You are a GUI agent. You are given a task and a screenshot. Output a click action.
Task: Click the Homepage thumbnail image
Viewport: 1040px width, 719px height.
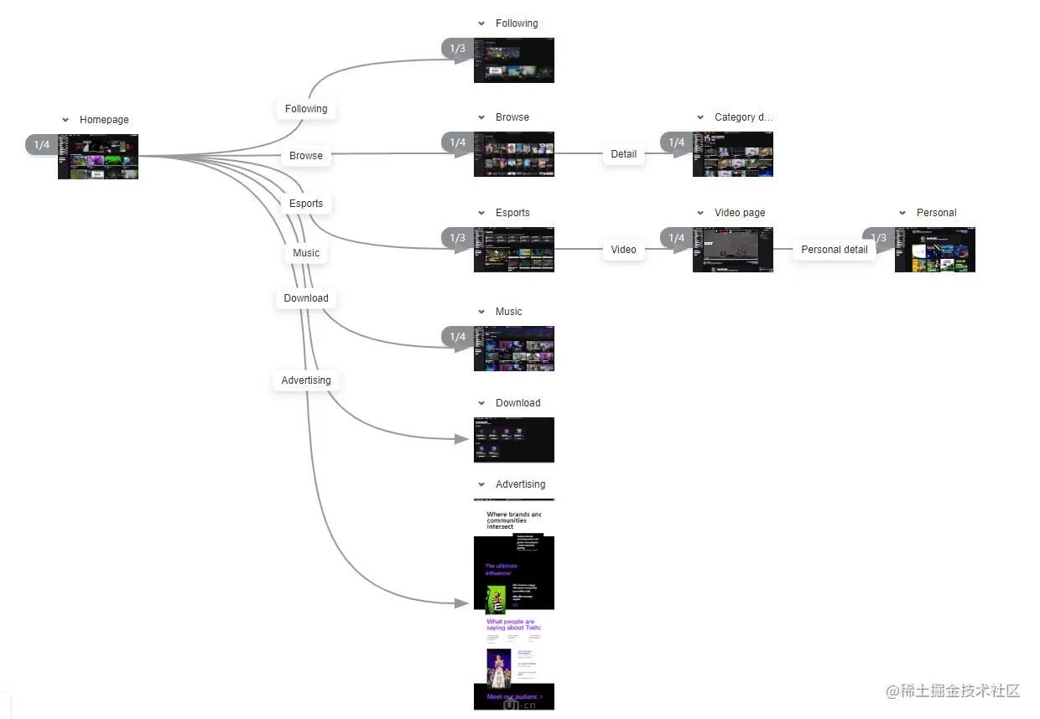pyautogui.click(x=98, y=157)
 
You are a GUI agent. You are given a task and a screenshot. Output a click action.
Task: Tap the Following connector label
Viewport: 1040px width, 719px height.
pyautogui.click(x=306, y=109)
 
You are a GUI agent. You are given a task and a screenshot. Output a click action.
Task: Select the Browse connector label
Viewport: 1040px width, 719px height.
pyautogui.click(x=306, y=156)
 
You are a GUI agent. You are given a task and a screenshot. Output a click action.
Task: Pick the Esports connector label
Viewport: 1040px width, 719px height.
pyautogui.click(x=306, y=204)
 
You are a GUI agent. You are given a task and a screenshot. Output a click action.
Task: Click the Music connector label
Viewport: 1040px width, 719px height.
pyautogui.click(x=306, y=253)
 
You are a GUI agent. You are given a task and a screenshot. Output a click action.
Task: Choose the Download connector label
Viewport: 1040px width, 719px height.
pyautogui.click(x=306, y=298)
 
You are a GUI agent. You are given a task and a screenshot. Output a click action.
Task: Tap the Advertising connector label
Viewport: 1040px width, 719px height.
pyautogui.click(x=306, y=380)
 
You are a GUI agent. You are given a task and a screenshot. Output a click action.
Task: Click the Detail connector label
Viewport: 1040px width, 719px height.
pyautogui.click(x=623, y=154)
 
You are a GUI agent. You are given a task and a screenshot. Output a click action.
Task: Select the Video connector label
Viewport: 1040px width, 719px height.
pyautogui.click(x=623, y=250)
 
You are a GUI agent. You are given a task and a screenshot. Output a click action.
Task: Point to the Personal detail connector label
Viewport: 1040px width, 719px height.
pyautogui.click(x=835, y=250)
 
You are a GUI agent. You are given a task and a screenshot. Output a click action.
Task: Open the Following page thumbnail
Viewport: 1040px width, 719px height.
pyautogui.click(x=514, y=60)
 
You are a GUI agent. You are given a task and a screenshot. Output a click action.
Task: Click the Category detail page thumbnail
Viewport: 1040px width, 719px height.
pyautogui.click(x=733, y=154)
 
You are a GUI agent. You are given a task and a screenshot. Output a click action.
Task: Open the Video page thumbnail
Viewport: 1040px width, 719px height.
pyautogui.click(x=733, y=250)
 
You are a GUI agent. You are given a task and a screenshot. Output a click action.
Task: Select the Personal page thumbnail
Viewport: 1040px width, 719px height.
pyautogui.click(x=935, y=250)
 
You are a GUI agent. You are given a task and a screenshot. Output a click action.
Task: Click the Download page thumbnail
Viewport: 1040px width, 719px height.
pyautogui.click(x=514, y=440)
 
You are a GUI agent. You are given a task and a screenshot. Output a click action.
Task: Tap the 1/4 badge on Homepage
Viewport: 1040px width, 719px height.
pyautogui.click(x=41, y=145)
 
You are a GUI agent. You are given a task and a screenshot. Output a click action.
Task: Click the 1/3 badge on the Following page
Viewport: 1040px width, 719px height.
pyautogui.click(x=457, y=49)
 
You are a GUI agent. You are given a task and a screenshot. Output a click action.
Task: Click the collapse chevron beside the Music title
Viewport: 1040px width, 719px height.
pyautogui.click(x=481, y=312)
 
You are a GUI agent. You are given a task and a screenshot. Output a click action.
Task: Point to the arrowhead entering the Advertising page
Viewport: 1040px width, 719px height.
pyautogui.click(x=461, y=603)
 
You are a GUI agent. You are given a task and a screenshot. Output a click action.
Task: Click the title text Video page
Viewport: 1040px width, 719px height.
pyautogui.click(x=740, y=213)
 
